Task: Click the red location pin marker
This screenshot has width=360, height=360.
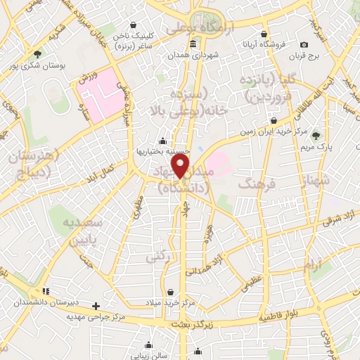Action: pyautogui.click(x=183, y=167)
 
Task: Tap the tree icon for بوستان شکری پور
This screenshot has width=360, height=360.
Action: pyautogui.click(x=37, y=53)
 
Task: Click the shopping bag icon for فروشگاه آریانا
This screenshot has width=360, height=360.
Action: pyautogui.click(x=263, y=34)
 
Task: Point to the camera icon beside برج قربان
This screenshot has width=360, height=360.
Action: pyautogui.click(x=304, y=44)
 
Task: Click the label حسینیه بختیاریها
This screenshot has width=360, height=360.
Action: pyautogui.click(x=162, y=151)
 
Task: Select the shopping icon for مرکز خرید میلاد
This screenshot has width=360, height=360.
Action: pyautogui.click(x=171, y=292)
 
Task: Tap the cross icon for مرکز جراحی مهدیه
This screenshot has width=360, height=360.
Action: pyautogui.click(x=96, y=306)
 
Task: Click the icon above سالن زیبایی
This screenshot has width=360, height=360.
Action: pyautogui.click(x=148, y=345)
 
